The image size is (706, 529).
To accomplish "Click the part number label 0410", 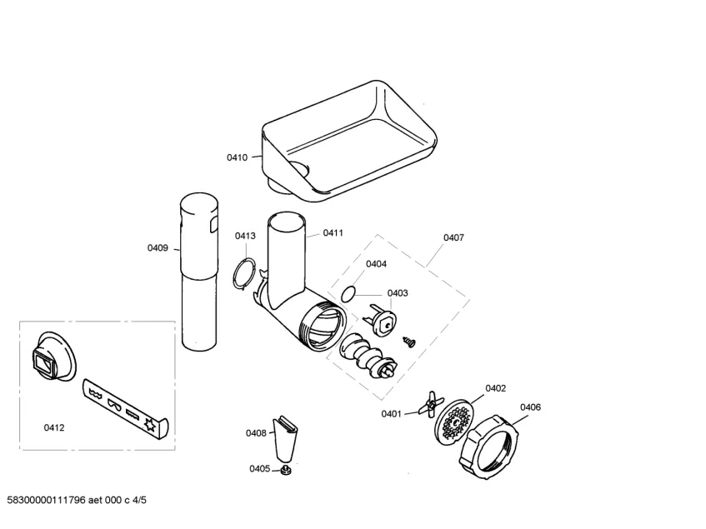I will click(x=237, y=157).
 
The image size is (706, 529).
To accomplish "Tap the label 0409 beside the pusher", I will click(x=158, y=247).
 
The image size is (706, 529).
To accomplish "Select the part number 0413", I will click(x=244, y=237).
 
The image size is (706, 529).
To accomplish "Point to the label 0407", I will click(x=453, y=237).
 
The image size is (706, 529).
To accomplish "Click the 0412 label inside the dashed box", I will click(x=54, y=427).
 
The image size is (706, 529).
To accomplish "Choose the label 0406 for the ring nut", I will click(x=530, y=407).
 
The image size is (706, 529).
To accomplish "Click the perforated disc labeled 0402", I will click(x=453, y=422).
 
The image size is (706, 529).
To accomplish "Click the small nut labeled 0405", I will click(x=285, y=472).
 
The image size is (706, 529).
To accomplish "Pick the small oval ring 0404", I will click(x=348, y=293).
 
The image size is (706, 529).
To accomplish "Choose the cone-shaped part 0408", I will click(x=285, y=437).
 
